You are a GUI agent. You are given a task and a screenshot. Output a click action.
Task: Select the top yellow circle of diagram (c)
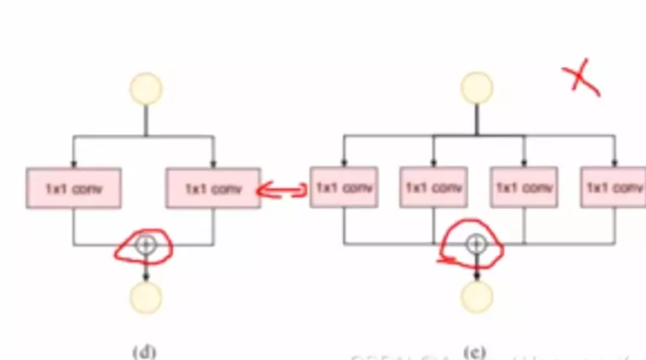477,88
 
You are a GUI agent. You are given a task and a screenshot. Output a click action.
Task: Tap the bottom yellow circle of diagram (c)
477,296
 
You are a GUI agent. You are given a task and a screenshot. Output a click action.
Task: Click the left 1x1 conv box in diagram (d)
74,188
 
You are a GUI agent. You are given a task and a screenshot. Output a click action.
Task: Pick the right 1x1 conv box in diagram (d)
213,188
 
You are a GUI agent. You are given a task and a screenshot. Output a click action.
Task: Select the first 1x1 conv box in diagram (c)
344,187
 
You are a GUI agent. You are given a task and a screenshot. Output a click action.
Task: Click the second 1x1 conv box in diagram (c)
434,187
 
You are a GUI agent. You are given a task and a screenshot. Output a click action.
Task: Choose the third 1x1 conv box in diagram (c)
524,187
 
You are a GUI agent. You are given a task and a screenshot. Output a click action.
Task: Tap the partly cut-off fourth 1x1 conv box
613,187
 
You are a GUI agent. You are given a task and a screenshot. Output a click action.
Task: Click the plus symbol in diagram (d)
146,244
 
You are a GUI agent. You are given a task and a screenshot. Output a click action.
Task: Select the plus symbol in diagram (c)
476,244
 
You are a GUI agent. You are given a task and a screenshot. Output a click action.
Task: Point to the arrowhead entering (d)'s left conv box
74,164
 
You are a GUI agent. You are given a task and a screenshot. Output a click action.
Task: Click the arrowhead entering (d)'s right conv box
213,164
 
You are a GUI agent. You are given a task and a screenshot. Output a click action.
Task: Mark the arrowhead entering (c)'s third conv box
524,163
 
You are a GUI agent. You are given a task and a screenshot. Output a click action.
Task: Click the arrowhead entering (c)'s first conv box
344,163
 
